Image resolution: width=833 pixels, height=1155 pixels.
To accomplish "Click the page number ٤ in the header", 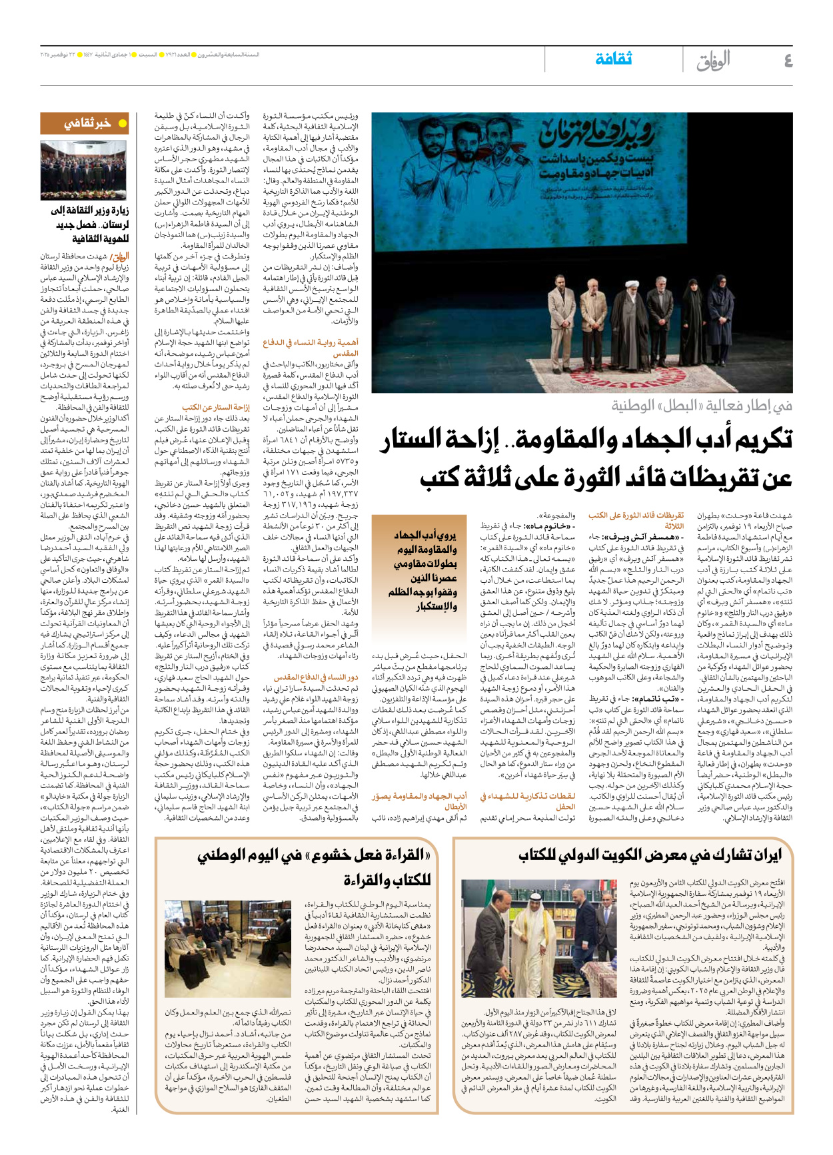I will (788, 61).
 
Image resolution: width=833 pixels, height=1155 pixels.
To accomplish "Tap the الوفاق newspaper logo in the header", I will (713, 61).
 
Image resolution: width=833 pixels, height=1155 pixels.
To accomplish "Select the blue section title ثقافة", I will (613, 59).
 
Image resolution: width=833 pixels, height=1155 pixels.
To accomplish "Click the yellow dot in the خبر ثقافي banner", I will (122, 123).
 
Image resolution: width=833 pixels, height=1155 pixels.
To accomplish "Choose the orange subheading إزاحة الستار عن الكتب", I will (216, 407).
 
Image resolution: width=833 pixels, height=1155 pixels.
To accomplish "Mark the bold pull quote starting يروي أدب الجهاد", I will (424, 570).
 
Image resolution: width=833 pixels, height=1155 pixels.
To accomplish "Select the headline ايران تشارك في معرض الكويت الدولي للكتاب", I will (650, 855).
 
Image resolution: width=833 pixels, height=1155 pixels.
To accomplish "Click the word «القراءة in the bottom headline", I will (400, 855).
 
